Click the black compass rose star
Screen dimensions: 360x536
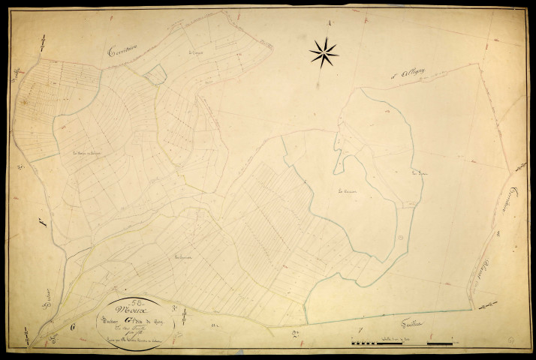324,52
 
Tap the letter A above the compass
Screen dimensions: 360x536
330,23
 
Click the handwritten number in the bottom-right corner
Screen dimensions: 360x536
510,341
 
